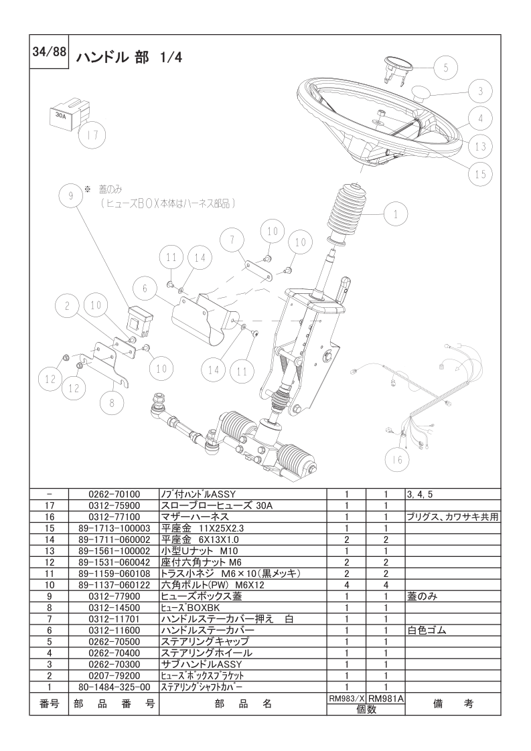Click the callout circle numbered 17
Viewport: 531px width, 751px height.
[92, 135]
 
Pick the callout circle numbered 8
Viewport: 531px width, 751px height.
[112, 402]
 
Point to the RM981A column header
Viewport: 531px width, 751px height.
[386, 698]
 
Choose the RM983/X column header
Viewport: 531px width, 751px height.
[346, 698]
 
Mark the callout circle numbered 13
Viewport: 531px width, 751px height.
[480, 145]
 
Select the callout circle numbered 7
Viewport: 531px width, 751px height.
[232, 239]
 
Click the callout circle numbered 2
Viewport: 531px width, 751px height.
[67, 307]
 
